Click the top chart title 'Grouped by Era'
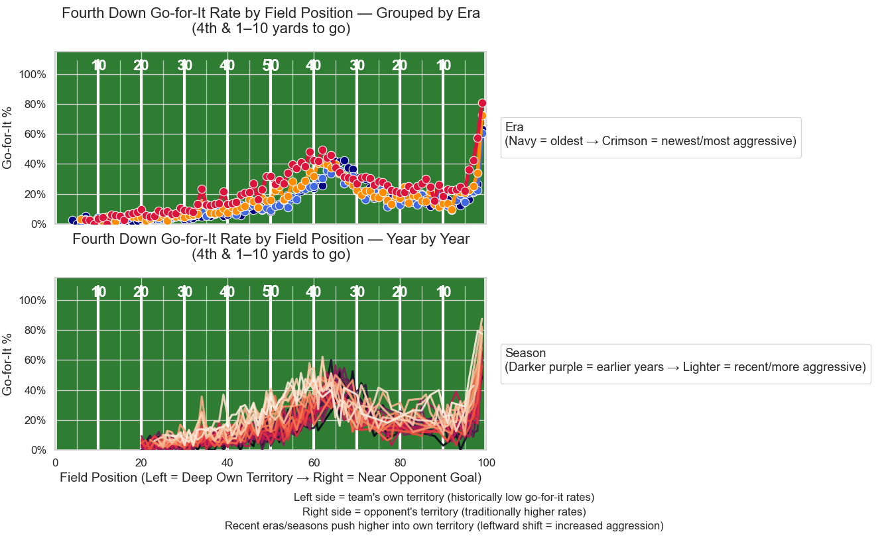(271, 21)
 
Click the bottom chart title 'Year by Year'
(271, 246)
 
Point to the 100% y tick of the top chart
(32, 74)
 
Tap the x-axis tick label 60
(314, 462)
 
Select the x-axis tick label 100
(486, 462)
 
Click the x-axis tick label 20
(141, 462)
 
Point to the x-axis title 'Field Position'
(271, 478)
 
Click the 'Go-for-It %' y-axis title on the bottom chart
(9, 364)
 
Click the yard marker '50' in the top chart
(271, 66)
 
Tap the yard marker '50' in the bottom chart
(271, 292)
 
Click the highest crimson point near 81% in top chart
(482, 103)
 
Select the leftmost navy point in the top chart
(72, 221)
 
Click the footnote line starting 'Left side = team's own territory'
(444, 497)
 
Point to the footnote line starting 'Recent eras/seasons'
(444, 526)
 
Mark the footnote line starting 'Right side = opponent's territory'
(444, 512)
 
